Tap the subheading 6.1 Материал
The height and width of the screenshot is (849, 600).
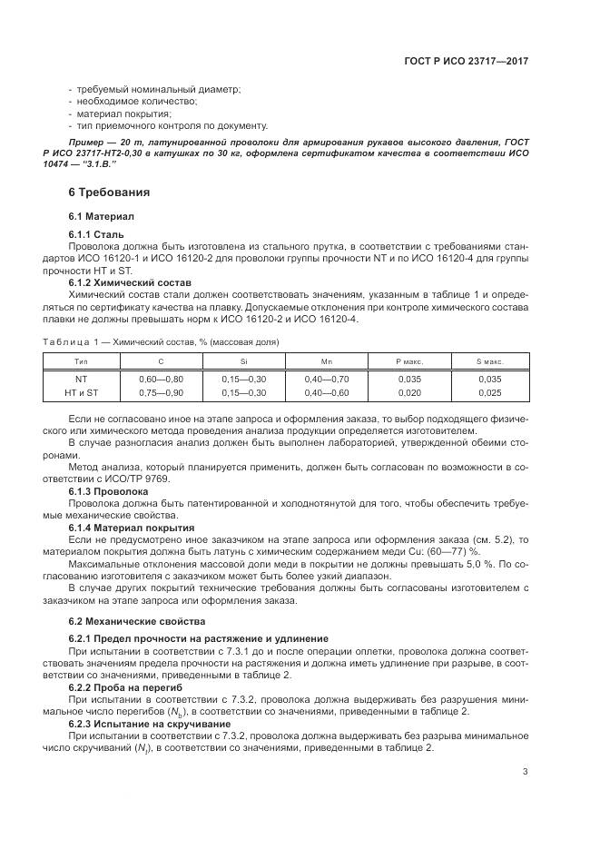click(102, 217)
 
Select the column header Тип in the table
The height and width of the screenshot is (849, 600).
click(82, 361)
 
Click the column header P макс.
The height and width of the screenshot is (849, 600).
click(410, 361)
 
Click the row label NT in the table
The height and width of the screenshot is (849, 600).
click(82, 378)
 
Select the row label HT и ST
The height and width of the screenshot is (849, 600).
click(82, 392)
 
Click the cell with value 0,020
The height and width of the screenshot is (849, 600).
click(410, 392)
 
